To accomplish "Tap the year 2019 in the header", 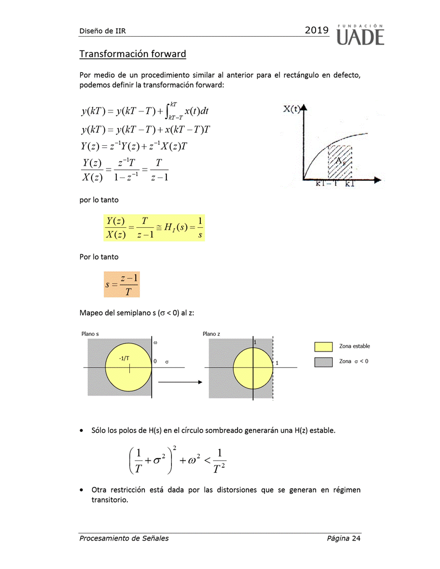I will point(317,31).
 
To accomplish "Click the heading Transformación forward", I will point(132,54).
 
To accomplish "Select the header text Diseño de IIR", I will point(102,31).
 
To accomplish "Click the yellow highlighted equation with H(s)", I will point(154,228).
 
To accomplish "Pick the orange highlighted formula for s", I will point(122,284).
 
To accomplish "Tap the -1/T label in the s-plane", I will point(123,357).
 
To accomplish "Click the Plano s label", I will point(90,334).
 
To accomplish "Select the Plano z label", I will point(212,334).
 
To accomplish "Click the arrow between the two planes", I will point(180,382).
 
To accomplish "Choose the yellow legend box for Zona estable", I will point(323,346).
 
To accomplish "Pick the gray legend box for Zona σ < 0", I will point(323,362).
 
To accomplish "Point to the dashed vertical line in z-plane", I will point(273,388).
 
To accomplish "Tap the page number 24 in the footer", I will point(355,538).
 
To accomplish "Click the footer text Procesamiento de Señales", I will point(124,538).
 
